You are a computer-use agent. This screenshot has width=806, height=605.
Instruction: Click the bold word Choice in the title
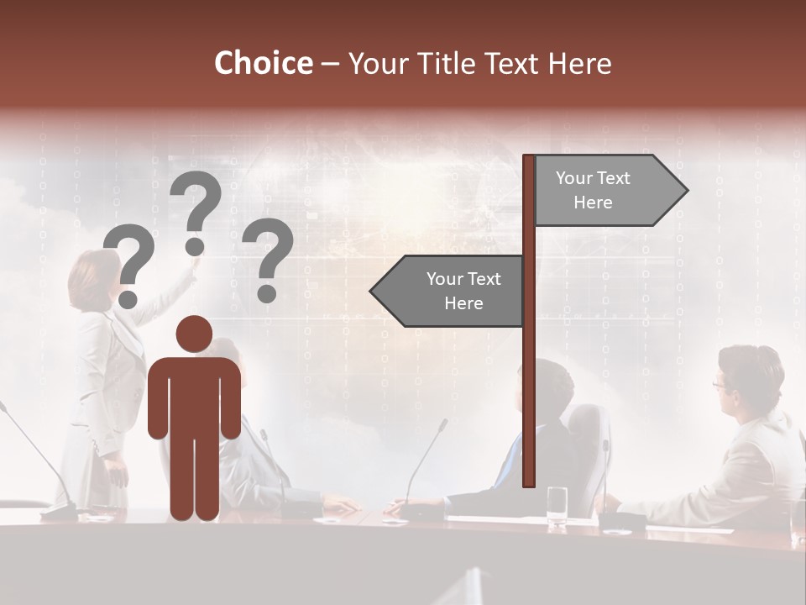click(x=263, y=63)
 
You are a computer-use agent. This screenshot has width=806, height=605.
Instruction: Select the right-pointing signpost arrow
click(x=609, y=191)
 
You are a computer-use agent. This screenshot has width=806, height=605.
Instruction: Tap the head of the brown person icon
click(x=194, y=334)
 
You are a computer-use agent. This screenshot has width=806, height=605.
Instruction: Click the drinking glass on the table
click(x=557, y=507)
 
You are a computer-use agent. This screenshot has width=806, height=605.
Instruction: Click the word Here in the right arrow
click(x=593, y=203)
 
